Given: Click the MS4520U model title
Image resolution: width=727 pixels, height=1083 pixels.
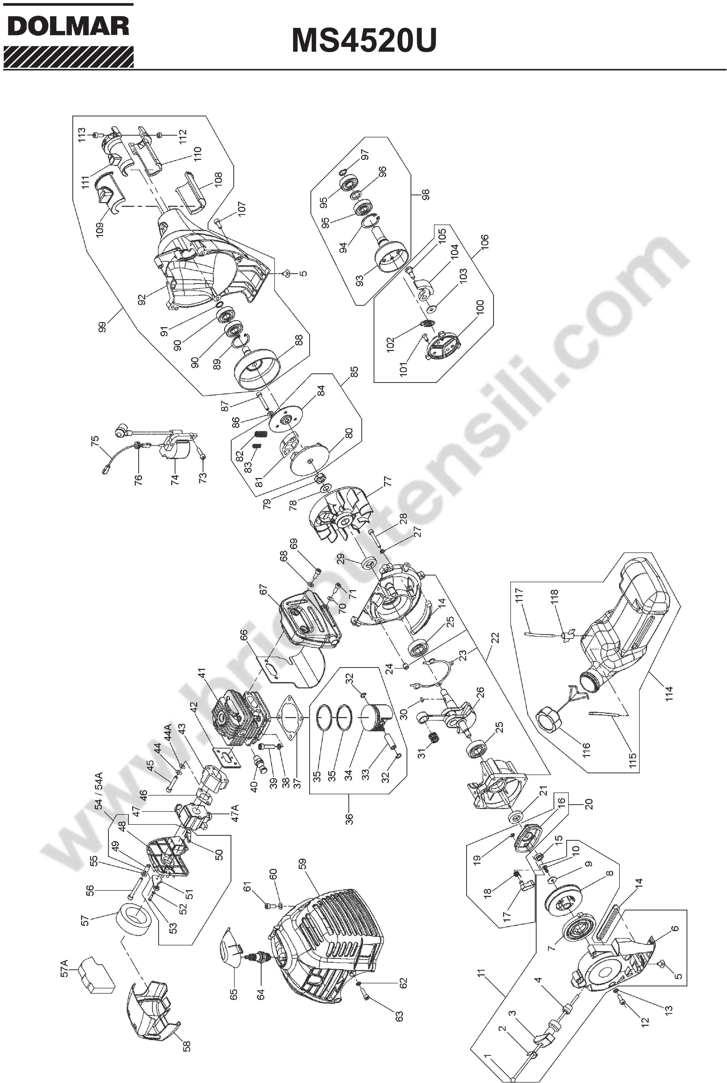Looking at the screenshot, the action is tap(364, 41).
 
